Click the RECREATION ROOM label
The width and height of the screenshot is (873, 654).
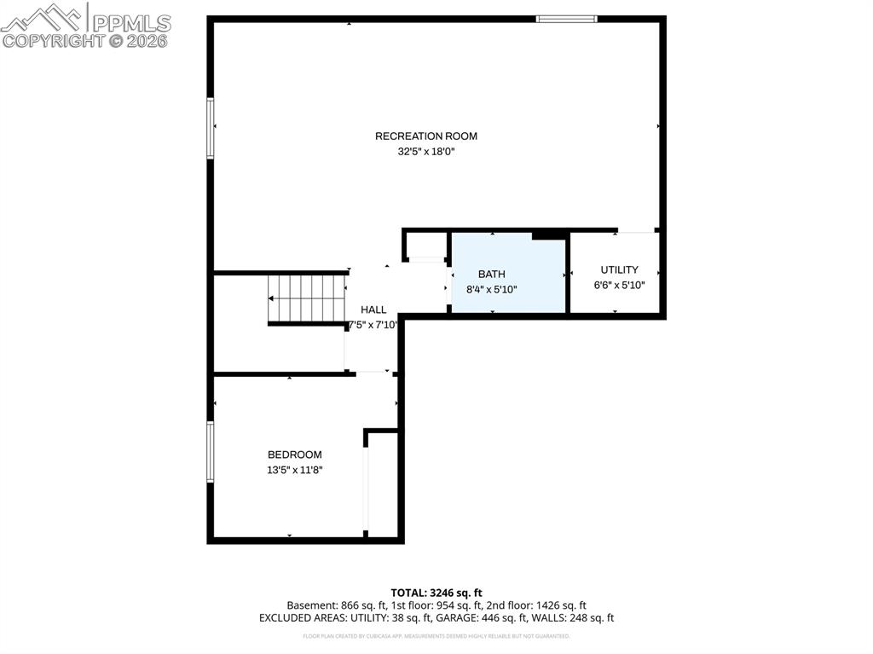point(426,136)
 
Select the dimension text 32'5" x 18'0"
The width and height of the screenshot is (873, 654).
point(426,152)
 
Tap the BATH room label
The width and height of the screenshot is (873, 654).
point(491,275)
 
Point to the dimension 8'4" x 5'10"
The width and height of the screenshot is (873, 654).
point(492,289)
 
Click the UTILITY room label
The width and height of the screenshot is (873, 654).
point(619,270)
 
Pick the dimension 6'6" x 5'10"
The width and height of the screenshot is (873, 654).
point(619,285)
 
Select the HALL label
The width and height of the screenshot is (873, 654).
point(373,310)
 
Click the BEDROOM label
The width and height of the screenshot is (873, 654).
point(295,455)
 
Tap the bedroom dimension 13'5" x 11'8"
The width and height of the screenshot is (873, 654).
point(295,470)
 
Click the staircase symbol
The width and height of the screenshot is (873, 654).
point(306,298)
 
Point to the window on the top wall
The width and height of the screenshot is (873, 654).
point(566,19)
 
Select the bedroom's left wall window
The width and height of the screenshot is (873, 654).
point(211,452)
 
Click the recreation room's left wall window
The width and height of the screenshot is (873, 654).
point(211,128)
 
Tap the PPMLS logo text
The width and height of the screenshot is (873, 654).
point(130,23)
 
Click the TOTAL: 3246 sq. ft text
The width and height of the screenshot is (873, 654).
point(436,593)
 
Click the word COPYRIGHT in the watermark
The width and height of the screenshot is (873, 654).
point(52,40)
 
